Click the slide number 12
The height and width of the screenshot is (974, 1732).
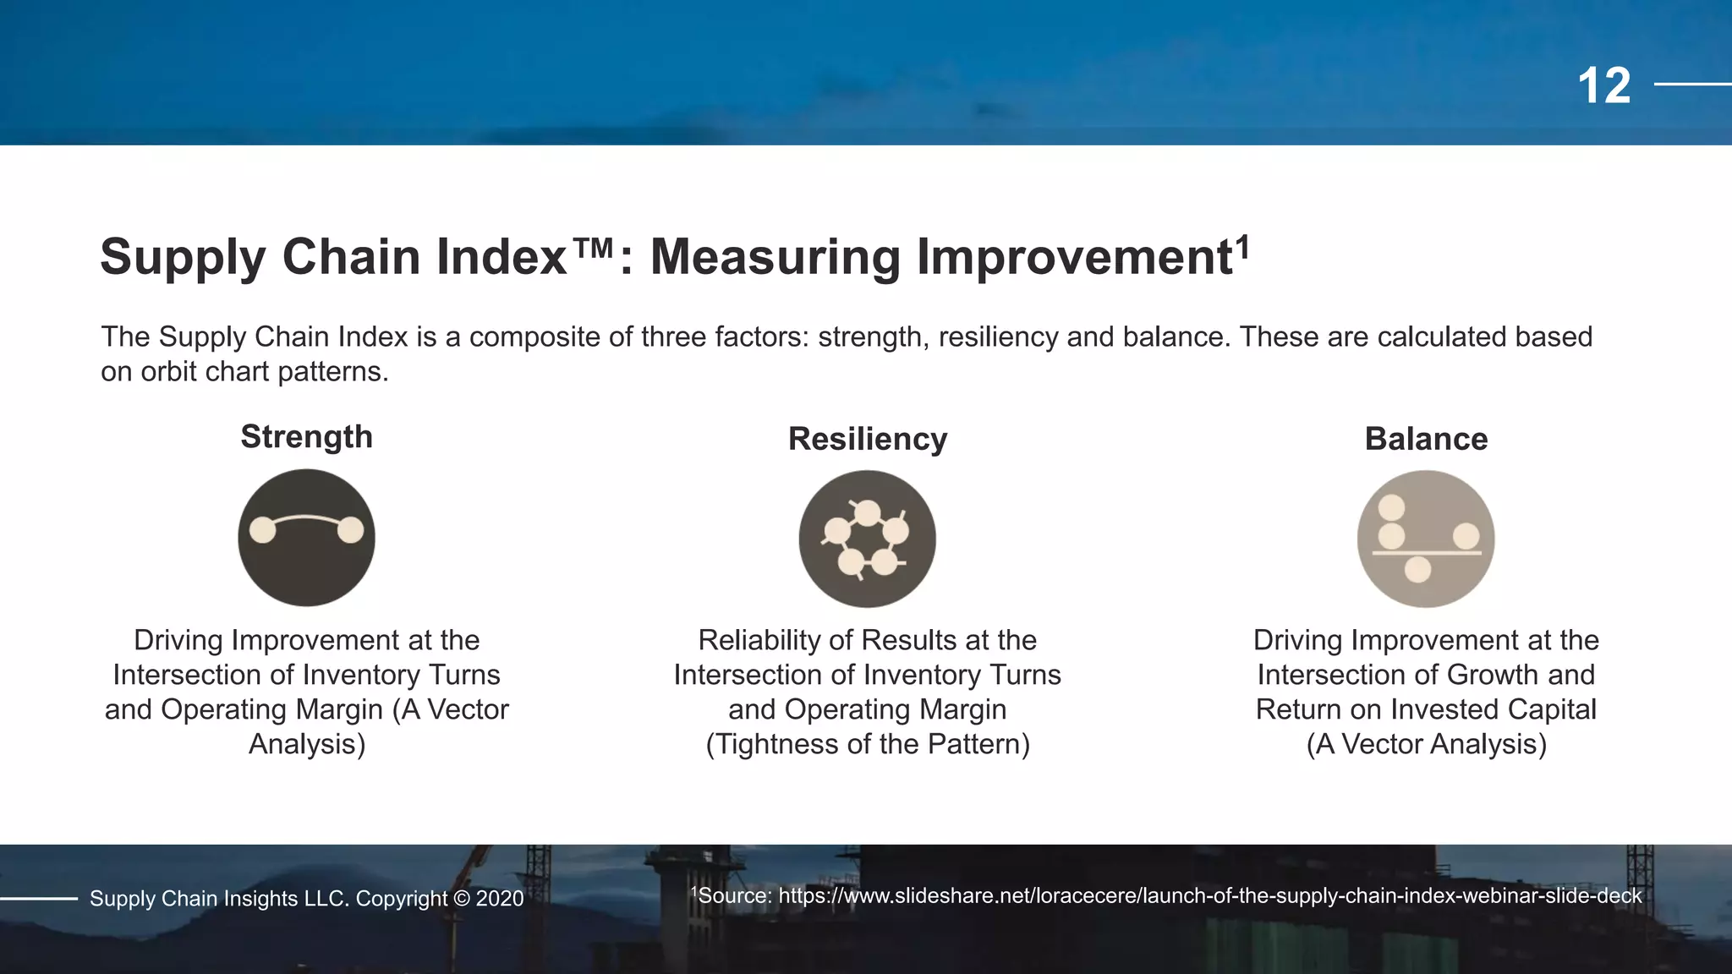pyautogui.click(x=1603, y=86)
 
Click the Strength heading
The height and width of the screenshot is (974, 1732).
pyautogui.click(x=306, y=437)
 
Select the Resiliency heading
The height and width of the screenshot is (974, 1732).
pyautogui.click(x=868, y=439)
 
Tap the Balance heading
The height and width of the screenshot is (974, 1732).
pyautogui.click(x=1426, y=439)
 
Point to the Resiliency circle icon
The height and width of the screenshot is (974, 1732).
pyautogui.click(x=868, y=539)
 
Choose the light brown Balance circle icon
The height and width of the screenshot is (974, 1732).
pyautogui.click(x=1426, y=539)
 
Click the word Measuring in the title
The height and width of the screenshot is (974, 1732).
pyautogui.click(x=775, y=257)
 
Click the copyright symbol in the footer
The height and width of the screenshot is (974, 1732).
pyautogui.click(x=461, y=899)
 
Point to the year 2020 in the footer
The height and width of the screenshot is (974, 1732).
pyautogui.click(x=500, y=899)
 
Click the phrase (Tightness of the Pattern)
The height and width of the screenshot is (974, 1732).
pyautogui.click(x=868, y=744)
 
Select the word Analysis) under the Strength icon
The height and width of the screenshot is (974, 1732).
pyautogui.click(x=307, y=744)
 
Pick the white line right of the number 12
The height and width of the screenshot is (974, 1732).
pyautogui.click(x=1692, y=85)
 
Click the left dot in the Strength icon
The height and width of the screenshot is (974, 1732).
pyautogui.click(x=263, y=530)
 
